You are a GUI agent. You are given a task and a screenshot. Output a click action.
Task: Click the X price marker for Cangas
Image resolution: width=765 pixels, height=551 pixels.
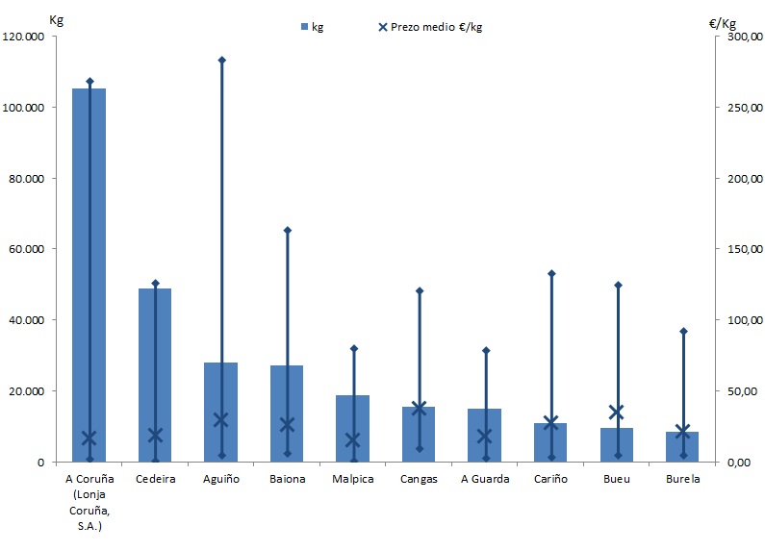419,408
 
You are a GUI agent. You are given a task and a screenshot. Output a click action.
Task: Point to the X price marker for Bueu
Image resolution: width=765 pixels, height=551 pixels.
617,413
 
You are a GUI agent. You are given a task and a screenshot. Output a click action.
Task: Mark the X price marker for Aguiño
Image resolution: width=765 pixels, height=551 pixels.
221,419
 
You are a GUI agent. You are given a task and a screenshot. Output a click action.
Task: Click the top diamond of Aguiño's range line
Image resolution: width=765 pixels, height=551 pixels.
221,60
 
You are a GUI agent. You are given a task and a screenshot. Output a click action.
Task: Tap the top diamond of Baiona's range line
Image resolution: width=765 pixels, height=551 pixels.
287,230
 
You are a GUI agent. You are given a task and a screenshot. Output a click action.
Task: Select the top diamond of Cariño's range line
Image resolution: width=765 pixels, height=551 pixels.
551,273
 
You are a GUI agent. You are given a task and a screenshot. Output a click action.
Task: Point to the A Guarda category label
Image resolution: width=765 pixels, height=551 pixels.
485,479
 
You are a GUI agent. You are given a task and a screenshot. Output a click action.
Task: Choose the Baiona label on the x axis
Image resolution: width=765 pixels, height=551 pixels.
287,479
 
